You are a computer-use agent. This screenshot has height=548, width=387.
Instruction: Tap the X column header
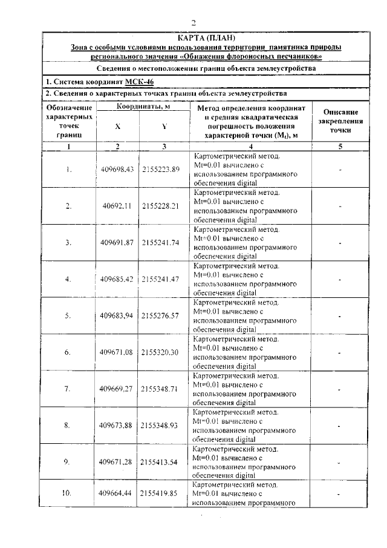pyautogui.click(x=117, y=126)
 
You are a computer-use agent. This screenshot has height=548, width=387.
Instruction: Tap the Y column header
pyautogui.click(x=164, y=126)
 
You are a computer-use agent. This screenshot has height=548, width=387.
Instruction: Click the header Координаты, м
pyautogui.click(x=141, y=107)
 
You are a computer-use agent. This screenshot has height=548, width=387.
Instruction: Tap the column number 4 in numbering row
pyautogui.click(x=250, y=147)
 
